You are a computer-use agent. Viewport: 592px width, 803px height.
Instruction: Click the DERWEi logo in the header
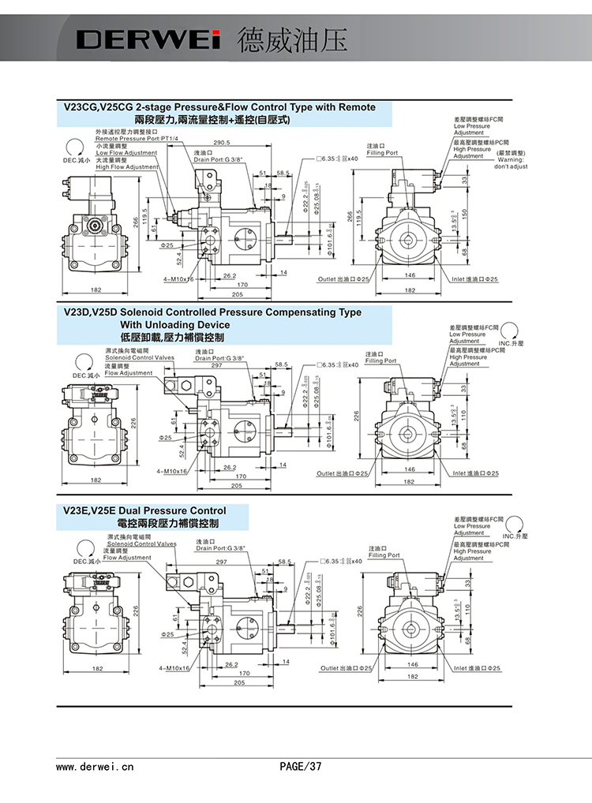click(146, 39)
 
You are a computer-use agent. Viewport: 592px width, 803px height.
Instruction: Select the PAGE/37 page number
click(301, 766)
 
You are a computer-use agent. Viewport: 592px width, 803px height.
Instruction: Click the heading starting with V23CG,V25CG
click(219, 107)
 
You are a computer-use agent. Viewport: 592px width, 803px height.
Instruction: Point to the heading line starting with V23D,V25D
click(212, 312)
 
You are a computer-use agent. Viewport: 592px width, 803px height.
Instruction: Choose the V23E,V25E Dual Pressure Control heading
click(144, 510)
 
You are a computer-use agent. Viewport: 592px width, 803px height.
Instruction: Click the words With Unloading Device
click(175, 325)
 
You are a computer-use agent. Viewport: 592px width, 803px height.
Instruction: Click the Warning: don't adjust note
click(511, 164)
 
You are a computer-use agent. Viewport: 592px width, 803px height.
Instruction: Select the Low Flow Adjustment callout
click(126, 153)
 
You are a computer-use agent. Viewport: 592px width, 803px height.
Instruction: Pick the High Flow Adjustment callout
click(127, 167)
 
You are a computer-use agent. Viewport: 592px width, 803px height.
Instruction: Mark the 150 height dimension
click(465, 213)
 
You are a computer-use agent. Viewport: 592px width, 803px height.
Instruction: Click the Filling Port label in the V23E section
click(384, 555)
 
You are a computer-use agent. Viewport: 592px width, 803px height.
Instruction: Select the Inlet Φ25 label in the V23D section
click(476, 473)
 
